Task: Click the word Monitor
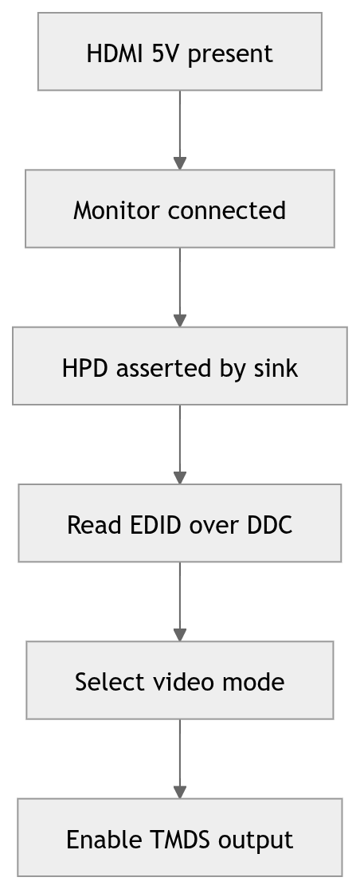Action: point(117,211)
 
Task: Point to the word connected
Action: point(227,211)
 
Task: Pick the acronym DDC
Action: point(270,525)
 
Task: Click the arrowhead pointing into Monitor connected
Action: point(180,163)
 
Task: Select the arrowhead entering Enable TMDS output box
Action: point(180,792)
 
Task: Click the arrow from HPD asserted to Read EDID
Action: point(180,444)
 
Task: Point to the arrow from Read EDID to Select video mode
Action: point(180,601)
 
